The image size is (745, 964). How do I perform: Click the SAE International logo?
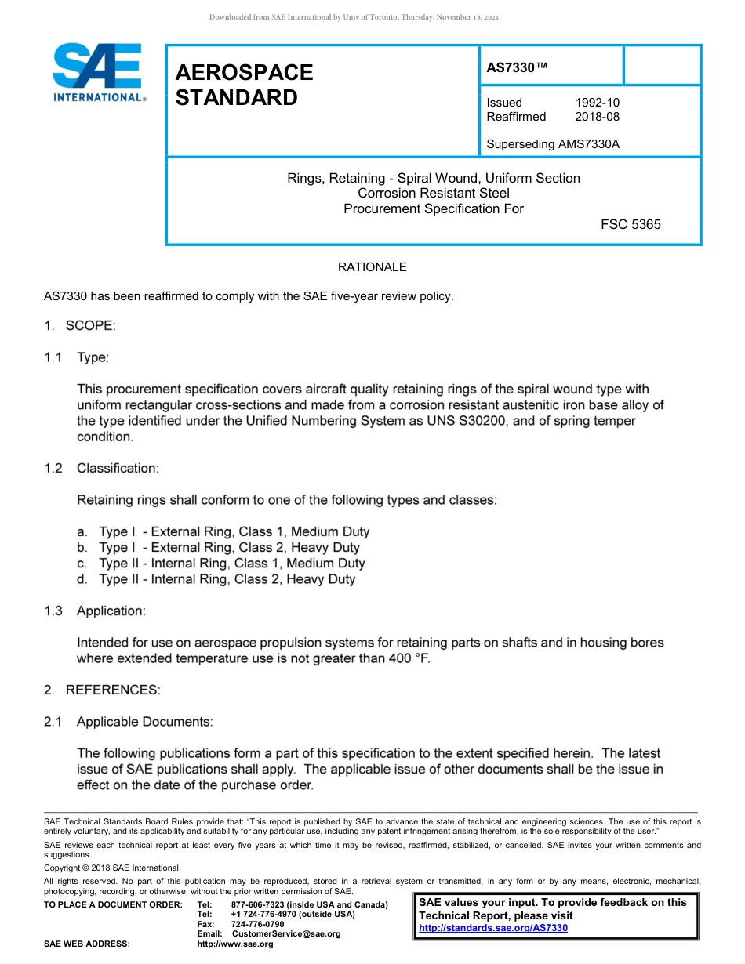tap(97, 72)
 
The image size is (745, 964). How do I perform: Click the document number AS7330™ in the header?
tap(517, 68)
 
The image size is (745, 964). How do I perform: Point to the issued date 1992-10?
tap(598, 103)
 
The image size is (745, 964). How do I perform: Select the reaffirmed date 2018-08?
tap(598, 117)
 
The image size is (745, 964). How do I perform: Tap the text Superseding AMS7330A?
tap(553, 144)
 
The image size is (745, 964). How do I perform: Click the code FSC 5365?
tap(631, 224)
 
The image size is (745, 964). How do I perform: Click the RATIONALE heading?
tap(372, 267)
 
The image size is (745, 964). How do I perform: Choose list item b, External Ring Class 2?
tap(229, 548)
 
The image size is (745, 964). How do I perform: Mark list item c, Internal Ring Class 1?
tap(231, 564)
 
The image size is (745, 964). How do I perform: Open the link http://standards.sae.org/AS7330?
tap(493, 928)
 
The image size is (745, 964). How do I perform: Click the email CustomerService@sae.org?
tap(286, 934)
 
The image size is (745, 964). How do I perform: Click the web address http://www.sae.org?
tap(235, 944)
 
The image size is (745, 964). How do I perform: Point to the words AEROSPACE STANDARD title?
tap(244, 85)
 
